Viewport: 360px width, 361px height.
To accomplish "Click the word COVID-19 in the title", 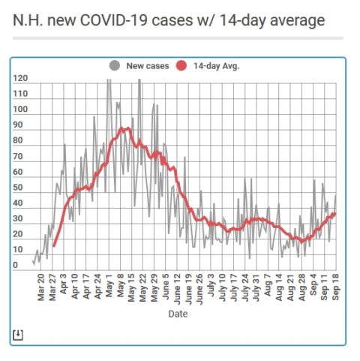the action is point(114,20).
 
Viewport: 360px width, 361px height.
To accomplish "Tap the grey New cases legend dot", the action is point(115,66).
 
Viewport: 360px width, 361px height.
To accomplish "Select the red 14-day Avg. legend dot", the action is point(181,66).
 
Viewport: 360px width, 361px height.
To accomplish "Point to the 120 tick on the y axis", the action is point(20,78).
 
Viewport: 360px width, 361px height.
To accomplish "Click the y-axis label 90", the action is point(18,125).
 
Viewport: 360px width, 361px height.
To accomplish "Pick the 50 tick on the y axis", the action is point(18,188).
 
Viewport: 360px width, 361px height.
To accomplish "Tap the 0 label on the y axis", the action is point(15,265).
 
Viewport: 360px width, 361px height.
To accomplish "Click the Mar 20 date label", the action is point(40,287).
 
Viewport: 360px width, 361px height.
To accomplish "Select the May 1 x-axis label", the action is point(109,285).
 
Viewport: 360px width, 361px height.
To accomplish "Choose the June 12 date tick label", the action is point(177,289).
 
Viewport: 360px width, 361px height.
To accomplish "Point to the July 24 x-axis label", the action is point(245,287).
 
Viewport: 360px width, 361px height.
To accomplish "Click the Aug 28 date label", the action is point(302,287).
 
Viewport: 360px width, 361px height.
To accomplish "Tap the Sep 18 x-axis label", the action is point(336,287).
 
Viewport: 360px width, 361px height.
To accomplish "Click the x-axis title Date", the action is point(178,314).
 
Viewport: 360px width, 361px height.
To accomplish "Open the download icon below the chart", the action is point(18,335).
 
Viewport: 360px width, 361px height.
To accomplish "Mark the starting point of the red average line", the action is point(54,246).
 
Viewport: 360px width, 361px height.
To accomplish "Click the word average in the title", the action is point(298,20).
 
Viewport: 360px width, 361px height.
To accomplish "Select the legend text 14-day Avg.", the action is point(217,66).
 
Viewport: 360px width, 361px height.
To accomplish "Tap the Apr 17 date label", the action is point(86,287).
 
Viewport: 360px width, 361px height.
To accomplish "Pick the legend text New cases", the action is point(148,66).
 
